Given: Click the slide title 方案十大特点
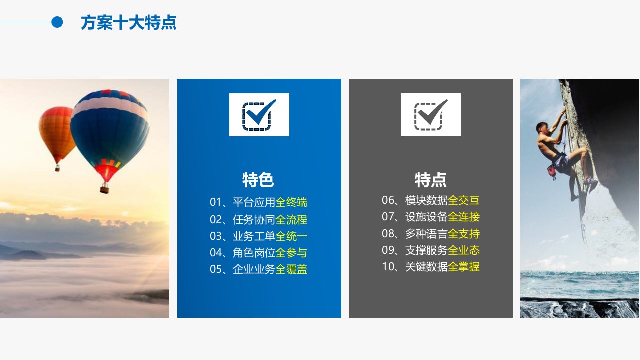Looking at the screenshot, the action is pyautogui.click(x=129, y=23).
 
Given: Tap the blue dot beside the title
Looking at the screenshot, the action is pyautogui.click(x=57, y=22).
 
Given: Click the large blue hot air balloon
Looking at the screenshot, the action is pyautogui.click(x=110, y=134).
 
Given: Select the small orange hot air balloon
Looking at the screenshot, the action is pyautogui.click(x=57, y=134).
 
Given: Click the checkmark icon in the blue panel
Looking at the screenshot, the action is pyautogui.click(x=259, y=115).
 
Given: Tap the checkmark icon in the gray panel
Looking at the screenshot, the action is pyautogui.click(x=431, y=115).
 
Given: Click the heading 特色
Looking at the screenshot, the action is pyautogui.click(x=258, y=180).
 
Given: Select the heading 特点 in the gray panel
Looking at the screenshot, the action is pyautogui.click(x=431, y=180).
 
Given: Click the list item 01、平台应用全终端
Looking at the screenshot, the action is pyautogui.click(x=258, y=202).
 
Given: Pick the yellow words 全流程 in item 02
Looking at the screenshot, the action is pyautogui.click(x=291, y=220).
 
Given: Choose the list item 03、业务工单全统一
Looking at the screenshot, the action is pyautogui.click(x=258, y=236).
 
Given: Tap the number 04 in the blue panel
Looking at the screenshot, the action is pyautogui.click(x=216, y=253).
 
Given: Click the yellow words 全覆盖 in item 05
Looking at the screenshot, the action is pyautogui.click(x=291, y=269).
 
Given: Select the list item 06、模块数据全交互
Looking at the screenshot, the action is pyautogui.click(x=431, y=200).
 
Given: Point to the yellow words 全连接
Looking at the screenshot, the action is pyautogui.click(x=464, y=217).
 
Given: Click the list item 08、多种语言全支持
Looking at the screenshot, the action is pyautogui.click(x=431, y=234).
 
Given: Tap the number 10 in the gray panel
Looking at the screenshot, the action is pyautogui.click(x=388, y=267).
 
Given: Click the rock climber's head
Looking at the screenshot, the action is pyautogui.click(x=542, y=128).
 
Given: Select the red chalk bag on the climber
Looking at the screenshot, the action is pyautogui.click(x=551, y=172).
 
